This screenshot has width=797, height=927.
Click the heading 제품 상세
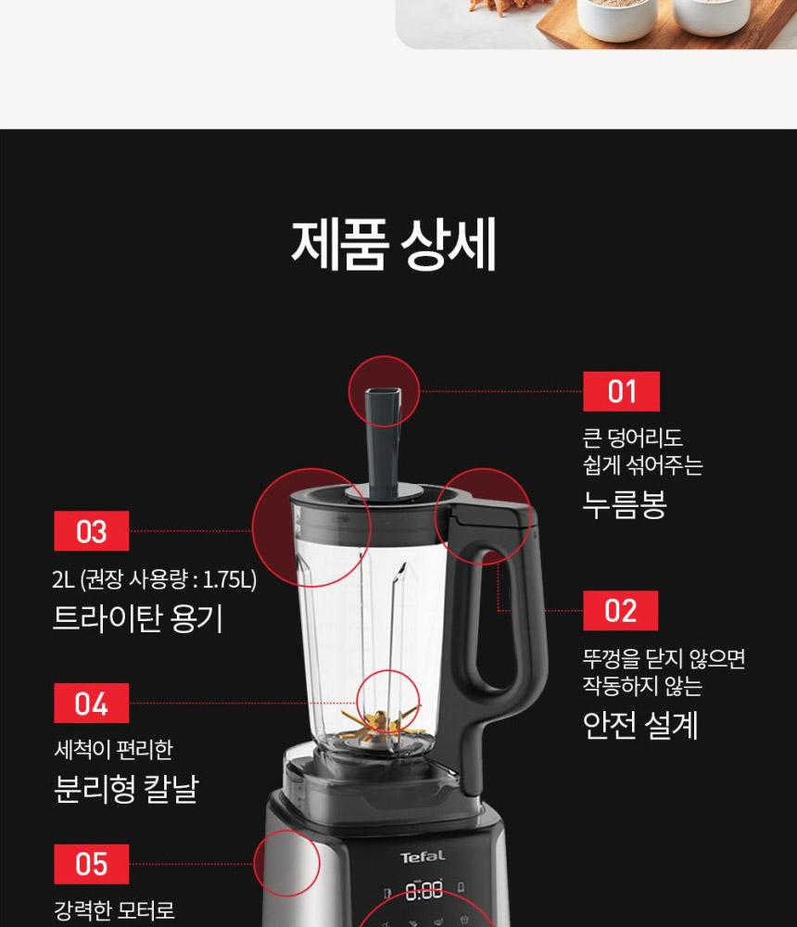pos(393,246)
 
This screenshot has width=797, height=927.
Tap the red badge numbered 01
pos(621,391)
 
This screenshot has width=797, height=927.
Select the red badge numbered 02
pos(620,610)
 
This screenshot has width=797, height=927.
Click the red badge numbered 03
pos(91,531)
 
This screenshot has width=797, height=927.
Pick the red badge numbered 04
pos(91,703)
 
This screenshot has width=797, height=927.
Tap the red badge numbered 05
pos(91,864)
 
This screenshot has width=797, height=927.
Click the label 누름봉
pos(625,504)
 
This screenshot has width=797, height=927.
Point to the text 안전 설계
pos(640,725)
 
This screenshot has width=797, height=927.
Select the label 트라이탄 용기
pos(138,618)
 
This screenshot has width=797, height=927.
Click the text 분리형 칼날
pos(127,788)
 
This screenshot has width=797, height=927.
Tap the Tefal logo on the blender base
pos(423,857)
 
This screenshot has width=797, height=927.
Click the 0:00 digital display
pos(424,890)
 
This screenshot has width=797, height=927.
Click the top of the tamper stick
pos(383,392)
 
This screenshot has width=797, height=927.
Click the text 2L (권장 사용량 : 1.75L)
pos(155,579)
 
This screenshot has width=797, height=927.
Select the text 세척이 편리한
pos(113,750)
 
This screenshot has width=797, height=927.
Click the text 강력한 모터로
pos(115,910)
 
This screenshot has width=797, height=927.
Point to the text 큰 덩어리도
pos(633,438)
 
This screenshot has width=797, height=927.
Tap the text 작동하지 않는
pos(642,686)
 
